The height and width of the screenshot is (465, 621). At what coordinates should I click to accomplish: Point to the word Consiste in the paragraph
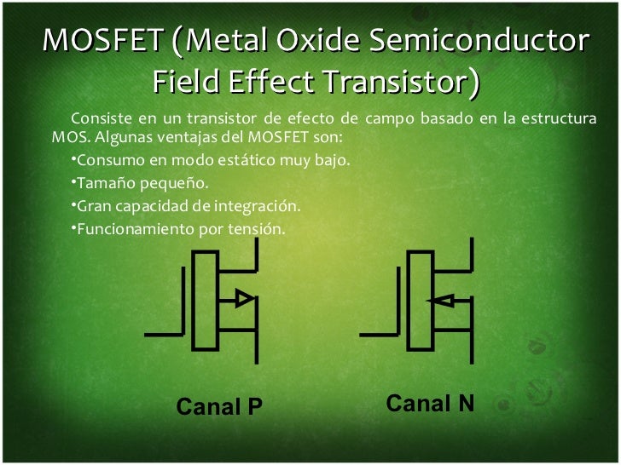click(x=101, y=118)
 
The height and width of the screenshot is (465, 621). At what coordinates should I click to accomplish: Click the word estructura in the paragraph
click(x=554, y=118)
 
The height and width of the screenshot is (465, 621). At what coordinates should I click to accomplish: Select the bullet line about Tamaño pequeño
click(x=139, y=183)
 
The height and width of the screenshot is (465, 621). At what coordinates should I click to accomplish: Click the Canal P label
click(x=219, y=408)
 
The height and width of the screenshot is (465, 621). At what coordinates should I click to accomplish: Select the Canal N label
click(x=430, y=403)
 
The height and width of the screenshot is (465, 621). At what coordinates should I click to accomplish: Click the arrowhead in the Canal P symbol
click(x=243, y=298)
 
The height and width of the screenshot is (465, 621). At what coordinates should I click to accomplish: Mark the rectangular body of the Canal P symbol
click(x=206, y=300)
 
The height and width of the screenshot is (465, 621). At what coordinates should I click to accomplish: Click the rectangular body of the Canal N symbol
click(x=420, y=300)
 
